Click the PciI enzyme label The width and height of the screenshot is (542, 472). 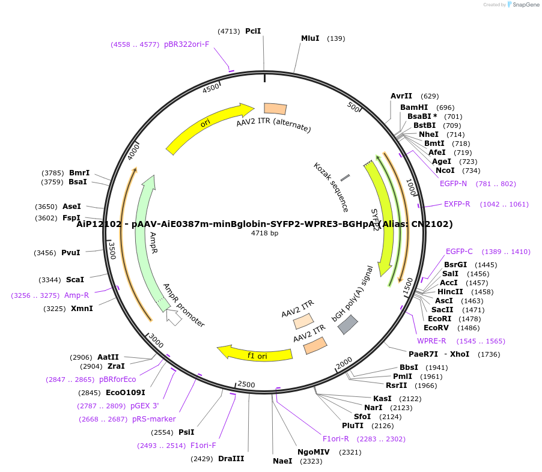pyautogui.click(x=253, y=31)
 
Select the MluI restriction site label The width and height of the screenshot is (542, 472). pyautogui.click(x=310, y=38)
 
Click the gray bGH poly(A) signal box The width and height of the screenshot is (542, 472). pyautogui.click(x=348, y=325)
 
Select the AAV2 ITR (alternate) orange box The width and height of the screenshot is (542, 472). pyautogui.click(x=275, y=109)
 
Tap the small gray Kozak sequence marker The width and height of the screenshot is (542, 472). pyautogui.click(x=346, y=178)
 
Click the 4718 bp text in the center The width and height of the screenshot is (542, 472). pyautogui.click(x=264, y=233)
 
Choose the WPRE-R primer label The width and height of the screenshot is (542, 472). pyautogui.click(x=431, y=341)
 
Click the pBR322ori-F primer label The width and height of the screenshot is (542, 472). pyautogui.click(x=187, y=44)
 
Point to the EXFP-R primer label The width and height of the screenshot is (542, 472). pyautogui.click(x=457, y=204)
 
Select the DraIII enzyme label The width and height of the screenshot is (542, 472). pyautogui.click(x=231, y=459)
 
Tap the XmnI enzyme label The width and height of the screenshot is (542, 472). pyautogui.click(x=82, y=309)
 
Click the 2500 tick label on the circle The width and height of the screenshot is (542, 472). pyautogui.click(x=246, y=384)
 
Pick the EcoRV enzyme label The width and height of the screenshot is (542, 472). pyautogui.click(x=436, y=328)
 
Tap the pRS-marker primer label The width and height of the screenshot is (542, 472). pyautogui.click(x=154, y=419)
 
